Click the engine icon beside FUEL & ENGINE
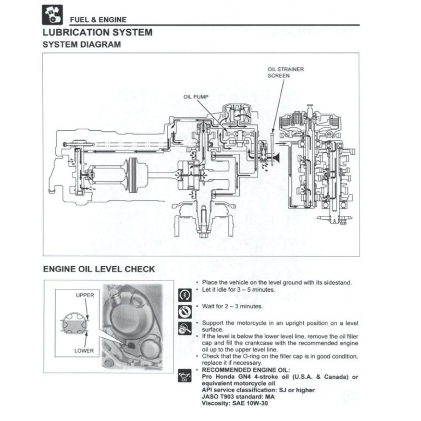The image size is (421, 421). [x=52, y=14]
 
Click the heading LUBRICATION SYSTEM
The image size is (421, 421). [x=98, y=33]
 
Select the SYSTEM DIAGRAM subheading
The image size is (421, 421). [x=82, y=45]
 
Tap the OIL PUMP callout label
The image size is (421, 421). [x=196, y=97]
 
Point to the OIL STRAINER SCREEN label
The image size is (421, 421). [x=285, y=73]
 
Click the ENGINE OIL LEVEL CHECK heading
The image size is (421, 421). [x=99, y=269]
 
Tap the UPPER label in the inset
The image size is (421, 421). [x=85, y=295]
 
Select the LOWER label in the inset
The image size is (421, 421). [x=84, y=350]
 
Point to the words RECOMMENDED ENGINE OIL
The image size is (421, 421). [x=246, y=370]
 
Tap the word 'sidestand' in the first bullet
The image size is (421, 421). [x=336, y=282]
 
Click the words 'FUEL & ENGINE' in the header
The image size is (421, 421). [x=99, y=20]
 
